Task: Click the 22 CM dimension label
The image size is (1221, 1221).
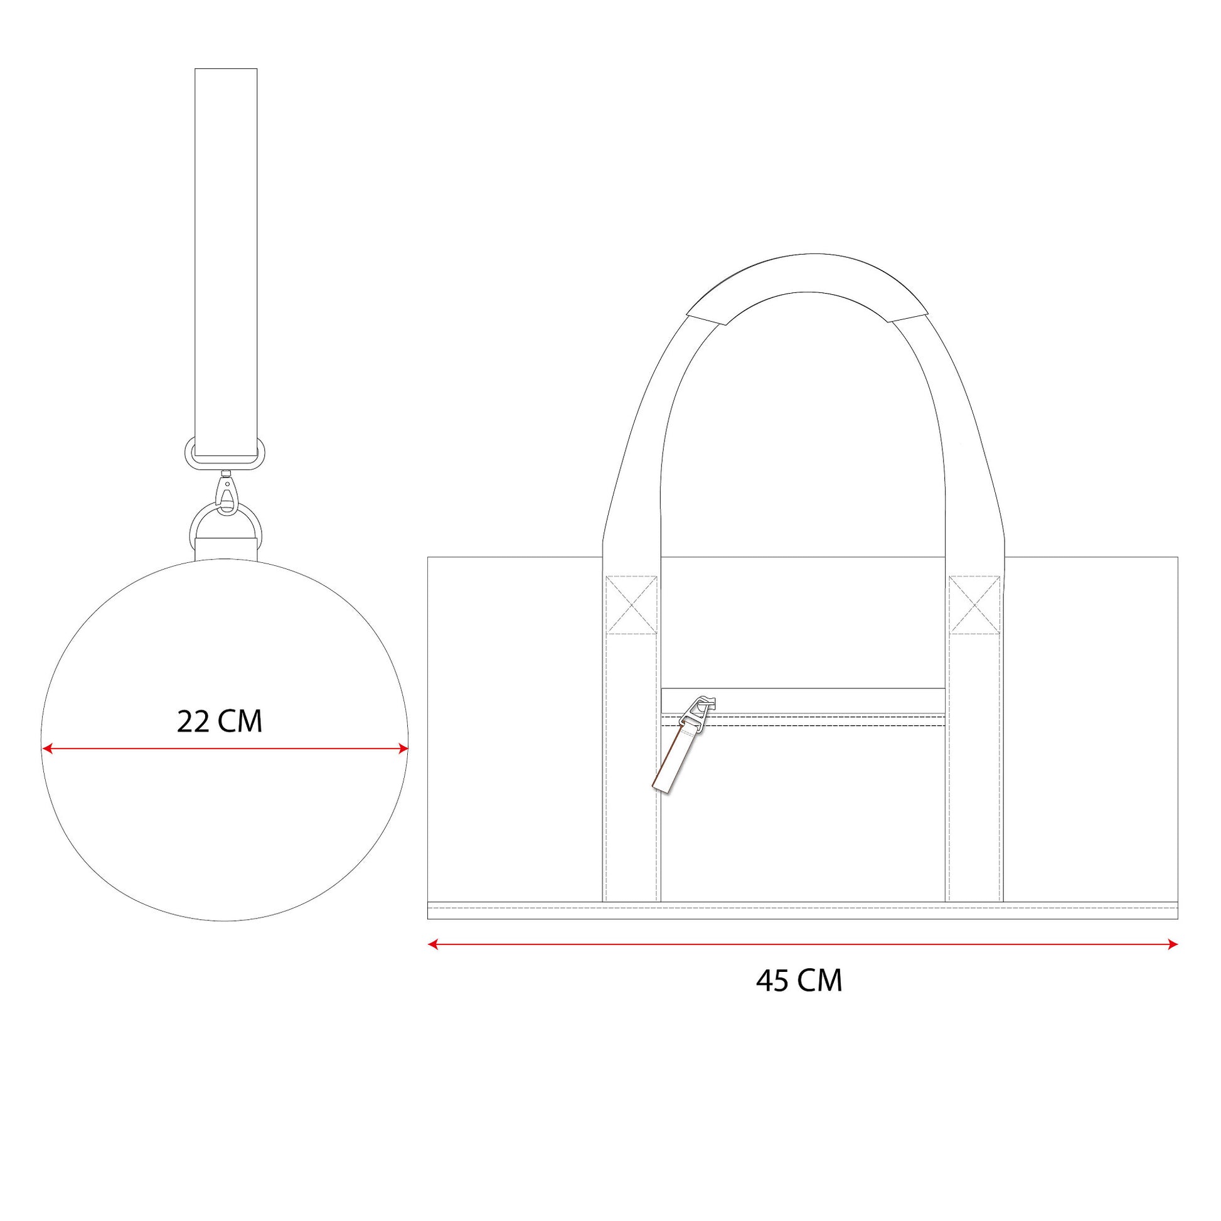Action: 220,722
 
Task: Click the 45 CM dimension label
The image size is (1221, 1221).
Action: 799,980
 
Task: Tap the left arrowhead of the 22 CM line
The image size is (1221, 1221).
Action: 46,749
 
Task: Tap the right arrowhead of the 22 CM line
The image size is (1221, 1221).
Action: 403,749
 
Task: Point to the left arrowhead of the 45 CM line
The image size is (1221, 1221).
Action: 433,944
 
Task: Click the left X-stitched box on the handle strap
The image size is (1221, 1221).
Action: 631,605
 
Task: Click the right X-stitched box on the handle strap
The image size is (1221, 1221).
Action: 974,605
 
